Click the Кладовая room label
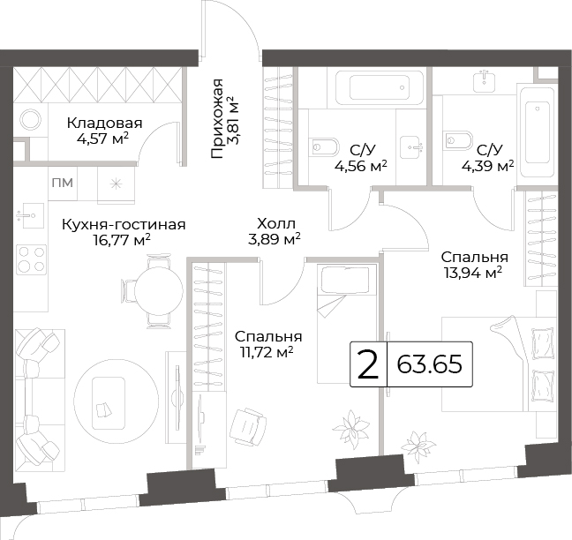[104, 124]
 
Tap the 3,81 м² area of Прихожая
[232, 121]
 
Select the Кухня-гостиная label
[124, 225]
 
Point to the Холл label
[275, 223]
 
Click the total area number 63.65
[429, 364]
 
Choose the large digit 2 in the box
[368, 364]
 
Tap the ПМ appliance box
[63, 183]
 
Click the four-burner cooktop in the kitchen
[32, 259]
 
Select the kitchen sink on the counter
[30, 215]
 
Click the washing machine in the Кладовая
[31, 120]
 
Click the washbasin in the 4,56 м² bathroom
[412, 147]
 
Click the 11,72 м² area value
[267, 352]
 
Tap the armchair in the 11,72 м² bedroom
[249, 426]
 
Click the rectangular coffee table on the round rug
[109, 402]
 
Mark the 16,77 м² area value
[122, 240]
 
